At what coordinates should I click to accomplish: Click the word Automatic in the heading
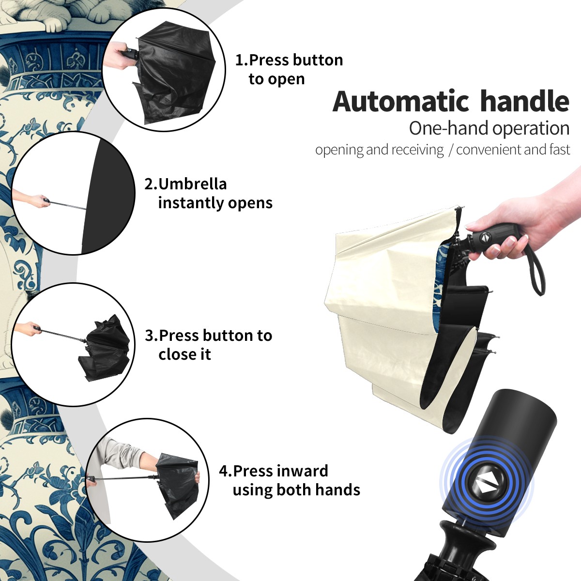[x=401, y=102]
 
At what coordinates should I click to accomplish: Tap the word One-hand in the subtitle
[x=449, y=128]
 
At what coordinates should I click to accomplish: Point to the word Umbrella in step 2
[x=192, y=184]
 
